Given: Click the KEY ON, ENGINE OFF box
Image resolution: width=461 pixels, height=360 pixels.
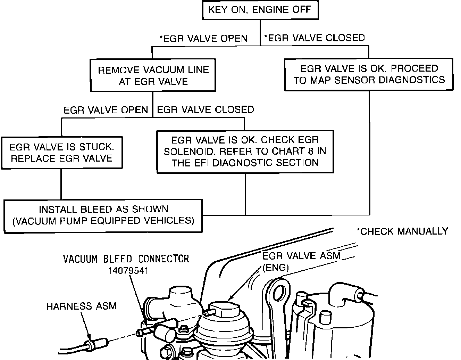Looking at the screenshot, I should click(x=260, y=10).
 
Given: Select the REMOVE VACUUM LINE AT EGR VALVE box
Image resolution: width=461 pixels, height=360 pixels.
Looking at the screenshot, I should click(x=153, y=75).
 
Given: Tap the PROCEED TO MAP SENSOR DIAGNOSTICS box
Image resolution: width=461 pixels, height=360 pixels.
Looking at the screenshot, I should click(x=369, y=74).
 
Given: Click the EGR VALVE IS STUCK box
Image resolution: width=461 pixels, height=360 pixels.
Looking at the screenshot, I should click(x=61, y=153).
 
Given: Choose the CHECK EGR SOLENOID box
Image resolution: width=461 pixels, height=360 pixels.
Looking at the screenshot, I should click(x=245, y=152).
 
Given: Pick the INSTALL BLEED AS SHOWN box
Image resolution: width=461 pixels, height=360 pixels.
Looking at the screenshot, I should click(x=103, y=215).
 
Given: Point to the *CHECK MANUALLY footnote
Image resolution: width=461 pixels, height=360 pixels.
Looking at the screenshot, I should click(x=402, y=231).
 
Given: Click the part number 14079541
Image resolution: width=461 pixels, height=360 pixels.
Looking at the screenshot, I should click(x=128, y=270).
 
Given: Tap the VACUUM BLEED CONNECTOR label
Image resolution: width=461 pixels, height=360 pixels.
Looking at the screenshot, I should click(x=126, y=259).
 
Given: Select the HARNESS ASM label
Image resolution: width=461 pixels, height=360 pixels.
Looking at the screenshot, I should click(x=82, y=306).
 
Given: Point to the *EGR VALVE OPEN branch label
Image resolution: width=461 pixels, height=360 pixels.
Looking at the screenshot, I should click(x=203, y=39).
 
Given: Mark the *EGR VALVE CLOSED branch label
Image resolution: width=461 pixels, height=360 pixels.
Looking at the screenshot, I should click(x=315, y=38).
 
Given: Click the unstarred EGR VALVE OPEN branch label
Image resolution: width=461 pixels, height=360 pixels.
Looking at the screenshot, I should click(x=106, y=110).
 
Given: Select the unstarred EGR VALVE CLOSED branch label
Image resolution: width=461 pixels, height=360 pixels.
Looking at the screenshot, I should click(x=206, y=110).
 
